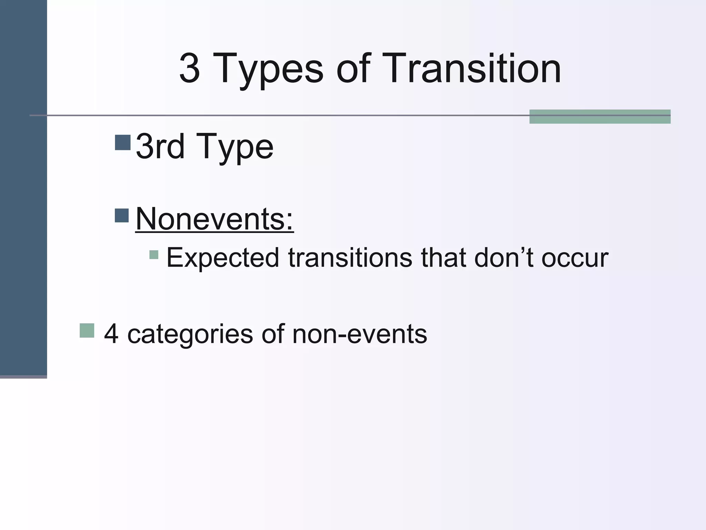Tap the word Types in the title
click(268, 69)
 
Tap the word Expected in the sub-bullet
click(223, 258)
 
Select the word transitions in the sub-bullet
click(350, 257)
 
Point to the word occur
click(575, 258)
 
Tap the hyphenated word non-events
click(359, 334)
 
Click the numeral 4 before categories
click(111, 334)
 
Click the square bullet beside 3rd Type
click(123, 142)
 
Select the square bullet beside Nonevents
click(122, 215)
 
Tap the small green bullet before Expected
click(154, 255)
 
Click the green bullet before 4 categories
click(87, 330)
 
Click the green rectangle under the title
click(599, 117)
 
